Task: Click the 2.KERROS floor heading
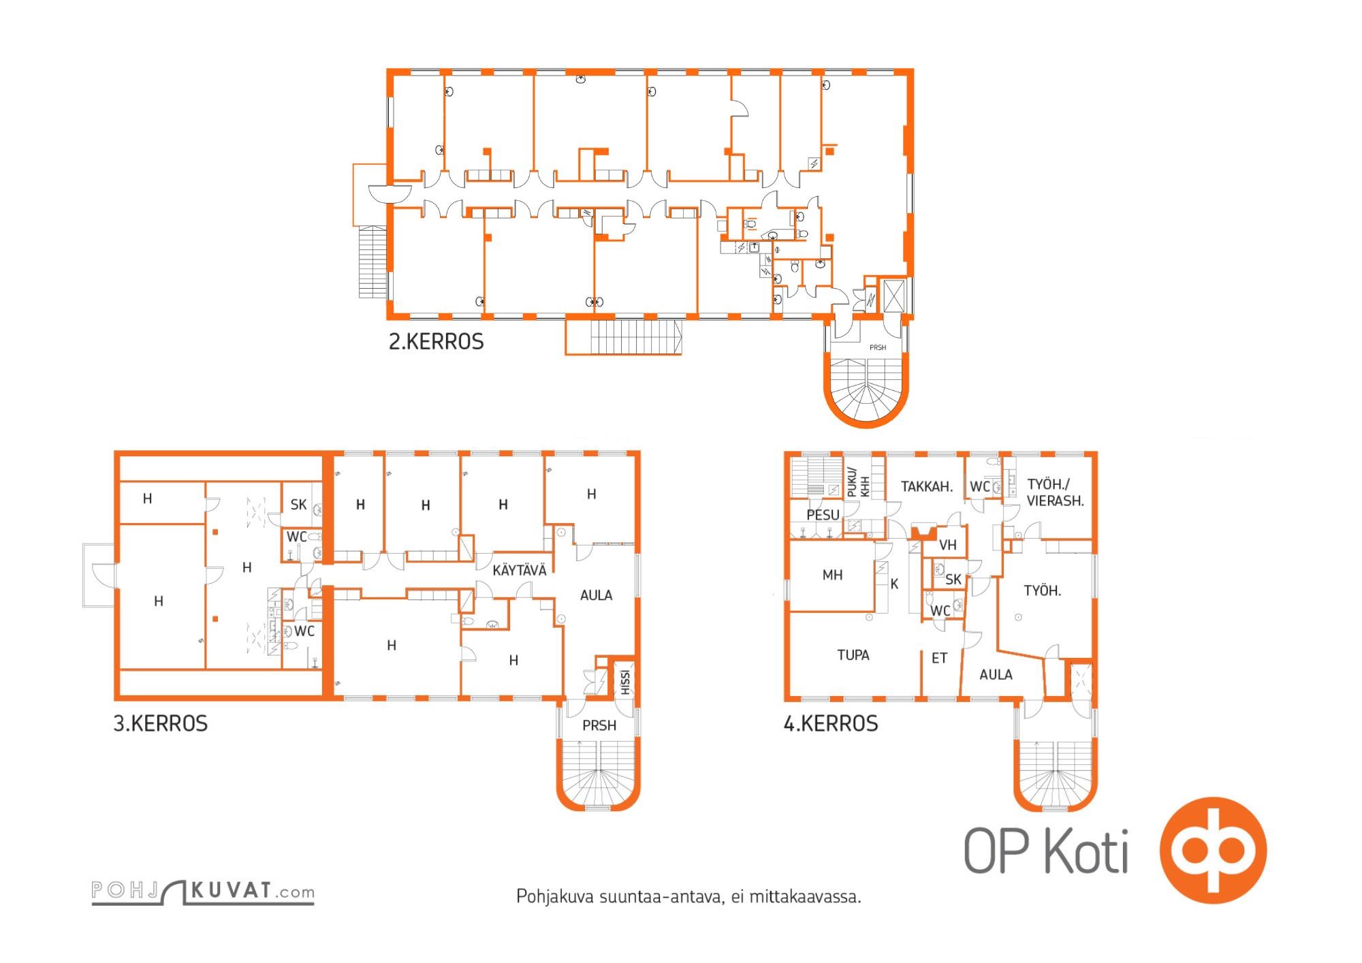coord(436,341)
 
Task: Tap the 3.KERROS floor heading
coord(161,723)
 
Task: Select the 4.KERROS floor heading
coord(831,723)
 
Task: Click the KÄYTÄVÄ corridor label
coord(520,570)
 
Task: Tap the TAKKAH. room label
coord(926,487)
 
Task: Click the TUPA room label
coord(853,655)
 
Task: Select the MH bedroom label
coord(832,575)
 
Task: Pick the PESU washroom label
coord(823,516)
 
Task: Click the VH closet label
coord(948,545)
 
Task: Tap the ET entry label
coord(939,659)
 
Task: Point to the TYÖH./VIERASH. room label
coord(1055,492)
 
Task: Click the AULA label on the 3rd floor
coord(596,596)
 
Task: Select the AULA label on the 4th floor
coord(996,675)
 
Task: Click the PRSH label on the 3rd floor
coord(599,726)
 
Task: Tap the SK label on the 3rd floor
coord(298,505)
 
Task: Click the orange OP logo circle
coord(1213,851)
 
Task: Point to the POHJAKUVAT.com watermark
coord(203,891)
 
